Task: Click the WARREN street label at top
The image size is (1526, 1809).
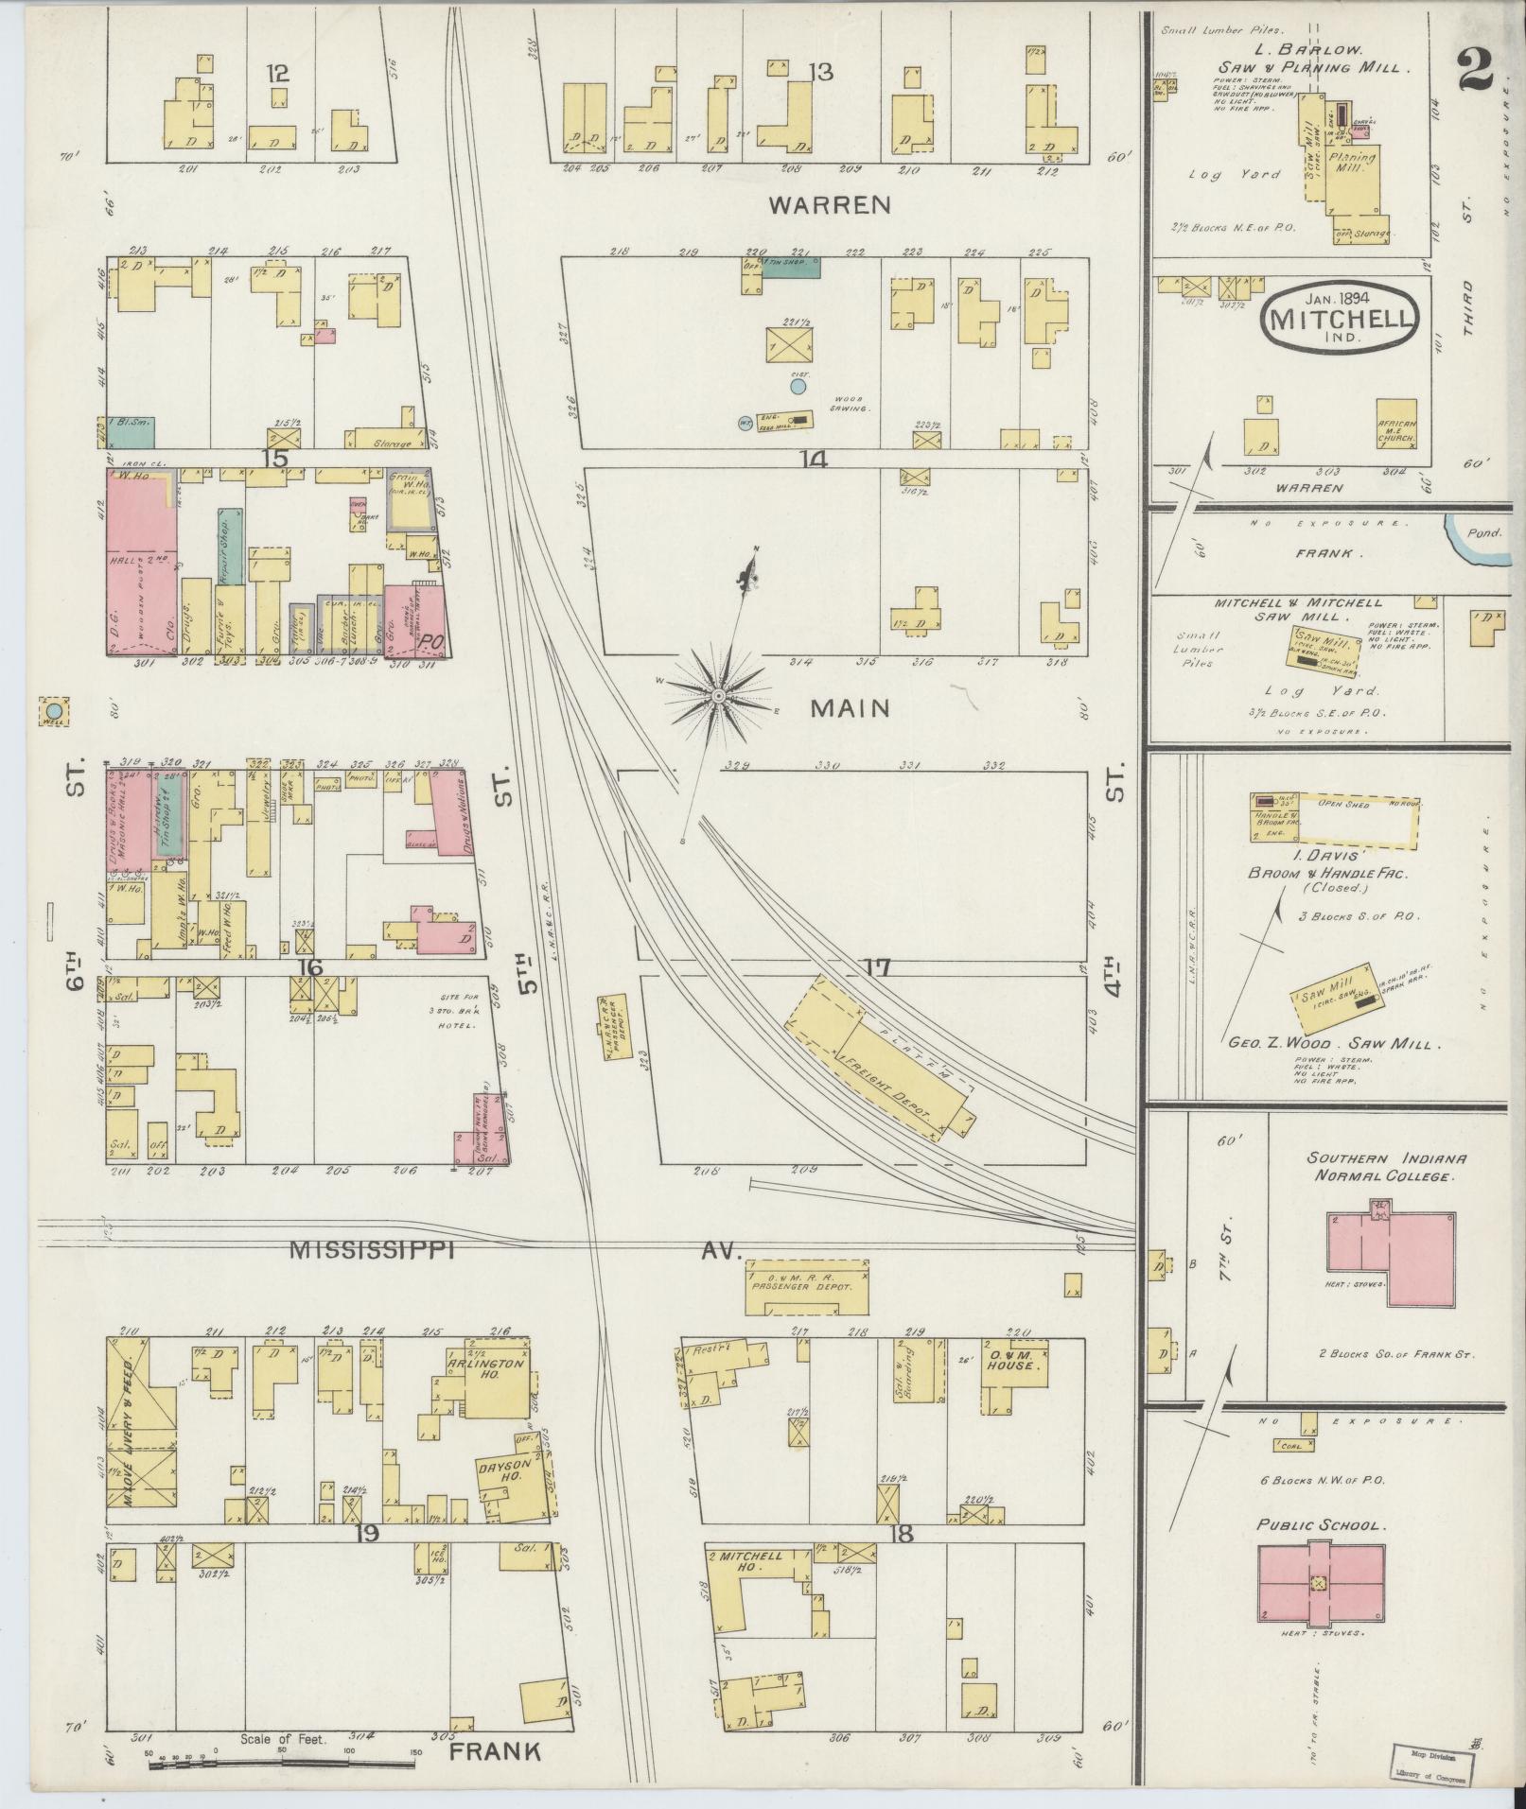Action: click(830, 203)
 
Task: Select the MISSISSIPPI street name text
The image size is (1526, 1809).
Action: click(373, 1250)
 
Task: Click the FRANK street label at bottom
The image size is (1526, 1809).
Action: click(494, 1751)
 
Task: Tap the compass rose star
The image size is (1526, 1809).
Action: click(718, 697)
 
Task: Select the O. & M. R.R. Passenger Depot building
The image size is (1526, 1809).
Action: click(806, 1287)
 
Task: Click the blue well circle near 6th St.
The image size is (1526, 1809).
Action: click(55, 710)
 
